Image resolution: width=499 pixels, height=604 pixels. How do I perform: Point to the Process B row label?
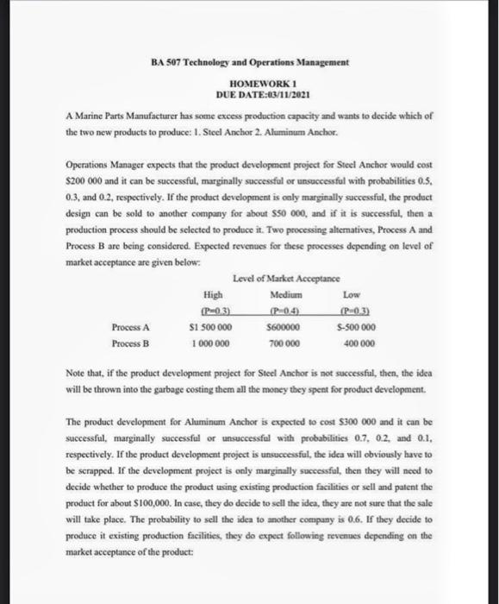tap(130, 343)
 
